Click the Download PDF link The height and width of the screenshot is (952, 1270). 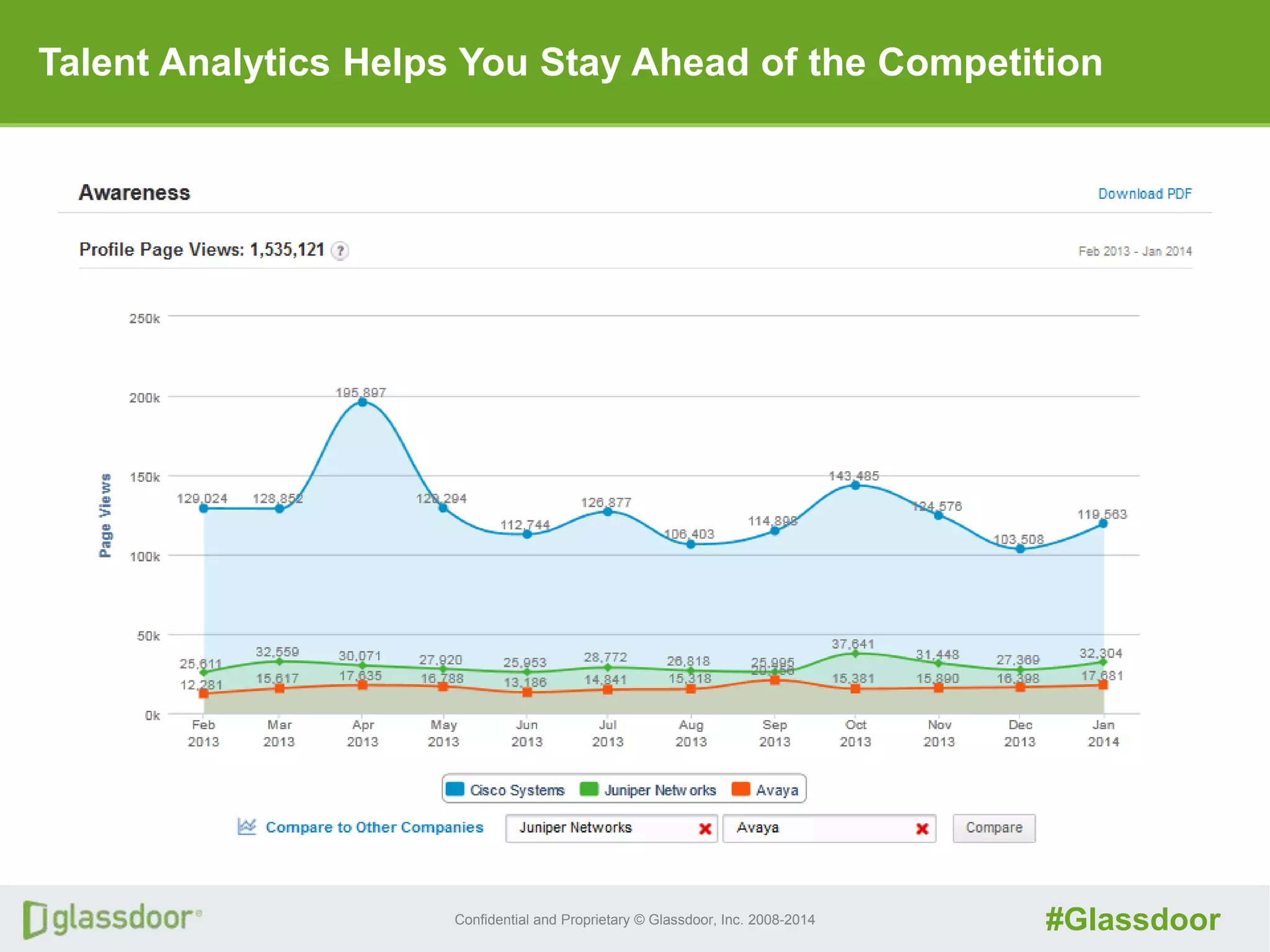[x=1144, y=194]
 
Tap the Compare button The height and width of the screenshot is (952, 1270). [x=993, y=828]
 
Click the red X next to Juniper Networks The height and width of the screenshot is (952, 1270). [x=705, y=829]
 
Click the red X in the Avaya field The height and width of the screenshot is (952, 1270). [x=922, y=829]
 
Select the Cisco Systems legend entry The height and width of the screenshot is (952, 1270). [x=505, y=790]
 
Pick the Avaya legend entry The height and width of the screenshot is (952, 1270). [x=765, y=790]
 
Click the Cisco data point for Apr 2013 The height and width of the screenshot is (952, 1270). [x=363, y=402]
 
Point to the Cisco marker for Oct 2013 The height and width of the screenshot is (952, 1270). [x=855, y=485]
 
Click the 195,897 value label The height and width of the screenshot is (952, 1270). [x=361, y=392]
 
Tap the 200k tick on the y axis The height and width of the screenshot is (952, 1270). [x=144, y=398]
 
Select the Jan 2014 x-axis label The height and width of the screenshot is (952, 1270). [x=1103, y=733]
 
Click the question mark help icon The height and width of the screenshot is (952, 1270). [x=340, y=251]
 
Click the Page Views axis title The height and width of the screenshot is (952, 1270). [x=105, y=516]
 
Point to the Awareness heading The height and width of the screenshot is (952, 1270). [x=135, y=193]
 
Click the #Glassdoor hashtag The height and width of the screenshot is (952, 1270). [x=1132, y=919]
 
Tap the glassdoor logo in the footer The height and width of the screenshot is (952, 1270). [x=112, y=919]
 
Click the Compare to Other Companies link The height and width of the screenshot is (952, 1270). [x=374, y=827]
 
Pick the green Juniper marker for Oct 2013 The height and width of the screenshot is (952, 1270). [x=855, y=653]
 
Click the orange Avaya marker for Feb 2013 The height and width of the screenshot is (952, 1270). [x=203, y=694]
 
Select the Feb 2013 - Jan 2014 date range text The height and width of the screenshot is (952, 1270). [x=1135, y=251]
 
